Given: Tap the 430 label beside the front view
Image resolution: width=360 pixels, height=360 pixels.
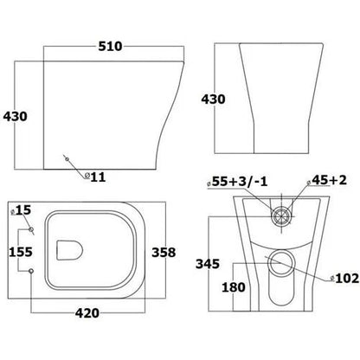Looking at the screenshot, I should tap(212, 99).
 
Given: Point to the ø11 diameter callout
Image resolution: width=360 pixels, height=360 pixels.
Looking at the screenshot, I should tap(94, 177).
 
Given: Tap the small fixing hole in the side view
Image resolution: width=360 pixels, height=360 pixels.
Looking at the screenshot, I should tap(66, 158).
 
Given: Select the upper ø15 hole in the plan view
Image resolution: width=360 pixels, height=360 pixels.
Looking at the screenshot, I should tap(33, 229).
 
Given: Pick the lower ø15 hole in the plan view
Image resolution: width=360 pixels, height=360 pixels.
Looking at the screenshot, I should tap(33, 272).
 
